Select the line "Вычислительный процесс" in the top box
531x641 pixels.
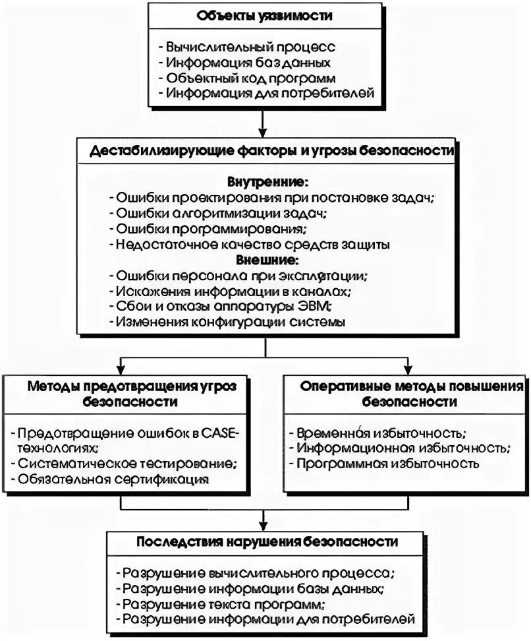coord(251,47)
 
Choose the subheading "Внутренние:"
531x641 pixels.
coord(267,181)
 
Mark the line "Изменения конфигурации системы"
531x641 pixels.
coord(230,322)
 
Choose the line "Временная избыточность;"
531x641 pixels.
coord(381,433)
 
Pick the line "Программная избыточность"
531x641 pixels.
coord(386,464)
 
